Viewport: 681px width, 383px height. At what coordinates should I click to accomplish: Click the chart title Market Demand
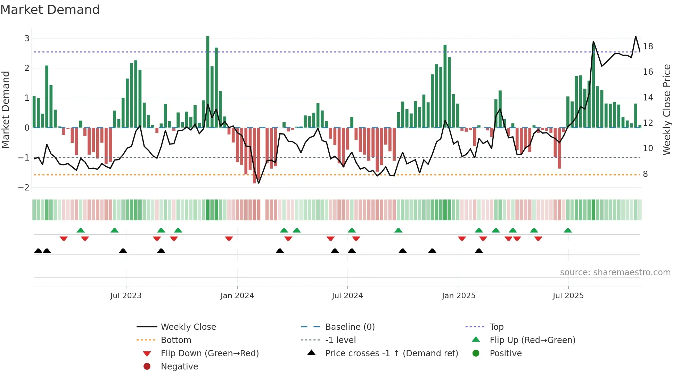coord(50,10)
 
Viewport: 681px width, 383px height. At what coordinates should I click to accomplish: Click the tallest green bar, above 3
coord(208,82)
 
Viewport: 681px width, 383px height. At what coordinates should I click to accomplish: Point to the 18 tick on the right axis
coord(648,46)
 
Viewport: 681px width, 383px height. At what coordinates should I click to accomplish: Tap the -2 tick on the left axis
coord(24,188)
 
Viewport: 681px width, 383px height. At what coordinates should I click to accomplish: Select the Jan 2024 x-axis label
coord(237,295)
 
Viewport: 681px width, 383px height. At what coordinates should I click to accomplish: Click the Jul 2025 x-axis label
coord(568,295)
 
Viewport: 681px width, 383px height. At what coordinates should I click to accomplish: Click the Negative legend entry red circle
coord(147,366)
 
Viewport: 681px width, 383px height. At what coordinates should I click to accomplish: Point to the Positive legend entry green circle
coord(476,353)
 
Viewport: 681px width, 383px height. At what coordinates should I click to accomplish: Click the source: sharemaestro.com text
coord(615,272)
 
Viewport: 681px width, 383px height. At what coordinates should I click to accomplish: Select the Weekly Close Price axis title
coord(666,109)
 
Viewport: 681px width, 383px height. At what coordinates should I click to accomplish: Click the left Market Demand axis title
coord(6,109)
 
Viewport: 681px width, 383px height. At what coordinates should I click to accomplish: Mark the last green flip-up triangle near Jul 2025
coord(568,230)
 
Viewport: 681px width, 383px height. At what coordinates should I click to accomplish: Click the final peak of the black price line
coord(636,36)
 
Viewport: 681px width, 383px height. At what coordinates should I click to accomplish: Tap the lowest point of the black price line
coord(259,183)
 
